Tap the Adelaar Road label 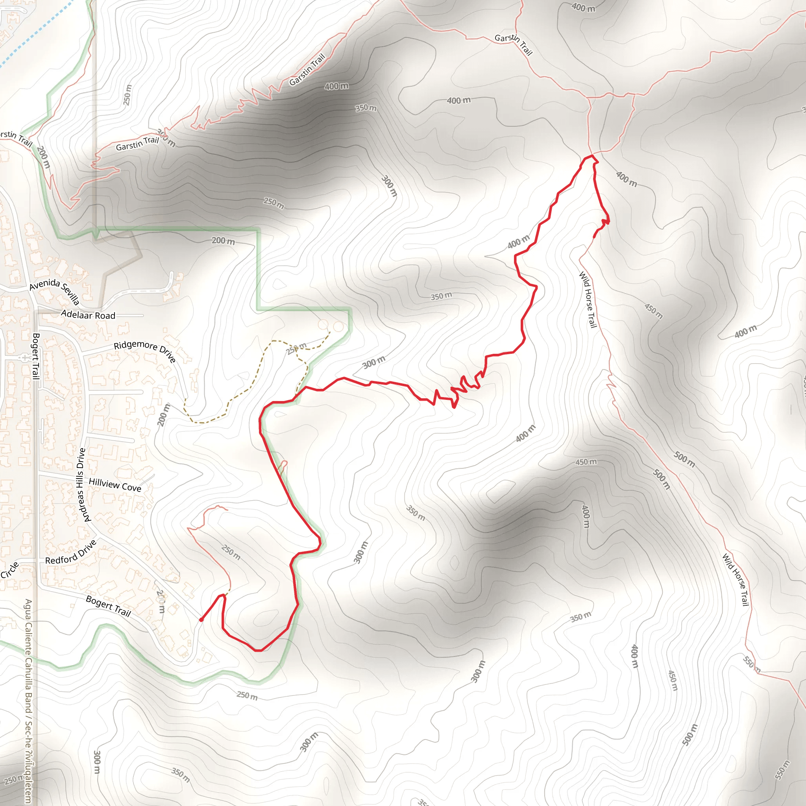pyautogui.click(x=88, y=315)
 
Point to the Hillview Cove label pyautogui.click(x=115, y=485)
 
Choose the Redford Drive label pyautogui.click(x=71, y=552)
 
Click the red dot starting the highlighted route pyautogui.click(x=201, y=620)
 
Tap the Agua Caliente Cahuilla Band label pyautogui.click(x=28, y=701)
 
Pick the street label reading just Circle pyautogui.click(x=9, y=570)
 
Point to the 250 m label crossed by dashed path pyautogui.click(x=297, y=348)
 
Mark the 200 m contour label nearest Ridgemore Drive pyautogui.click(x=164, y=414)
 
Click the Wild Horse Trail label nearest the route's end pyautogui.click(x=588, y=299)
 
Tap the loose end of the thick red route pyautogui.click(x=594, y=237)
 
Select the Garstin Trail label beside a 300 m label pyautogui.click(x=137, y=143)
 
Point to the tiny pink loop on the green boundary pyautogui.click(x=283, y=467)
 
